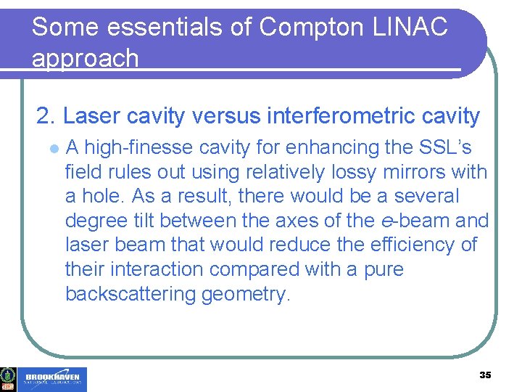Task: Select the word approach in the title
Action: pos(86,58)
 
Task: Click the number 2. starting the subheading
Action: pos(47,115)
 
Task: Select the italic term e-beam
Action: pos(415,221)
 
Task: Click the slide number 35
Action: pos(485,375)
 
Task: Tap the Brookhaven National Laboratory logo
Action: pos(54,379)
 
